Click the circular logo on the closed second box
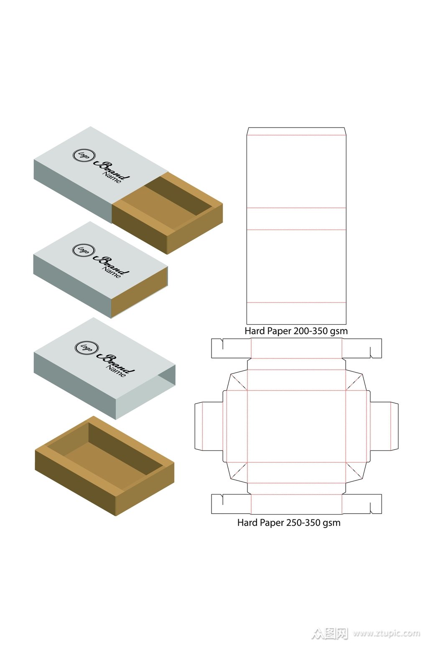84,250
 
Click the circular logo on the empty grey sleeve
87,348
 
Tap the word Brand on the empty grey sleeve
115,363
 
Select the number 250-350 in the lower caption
303,522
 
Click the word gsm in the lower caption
331,523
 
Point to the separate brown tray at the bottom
104,466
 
